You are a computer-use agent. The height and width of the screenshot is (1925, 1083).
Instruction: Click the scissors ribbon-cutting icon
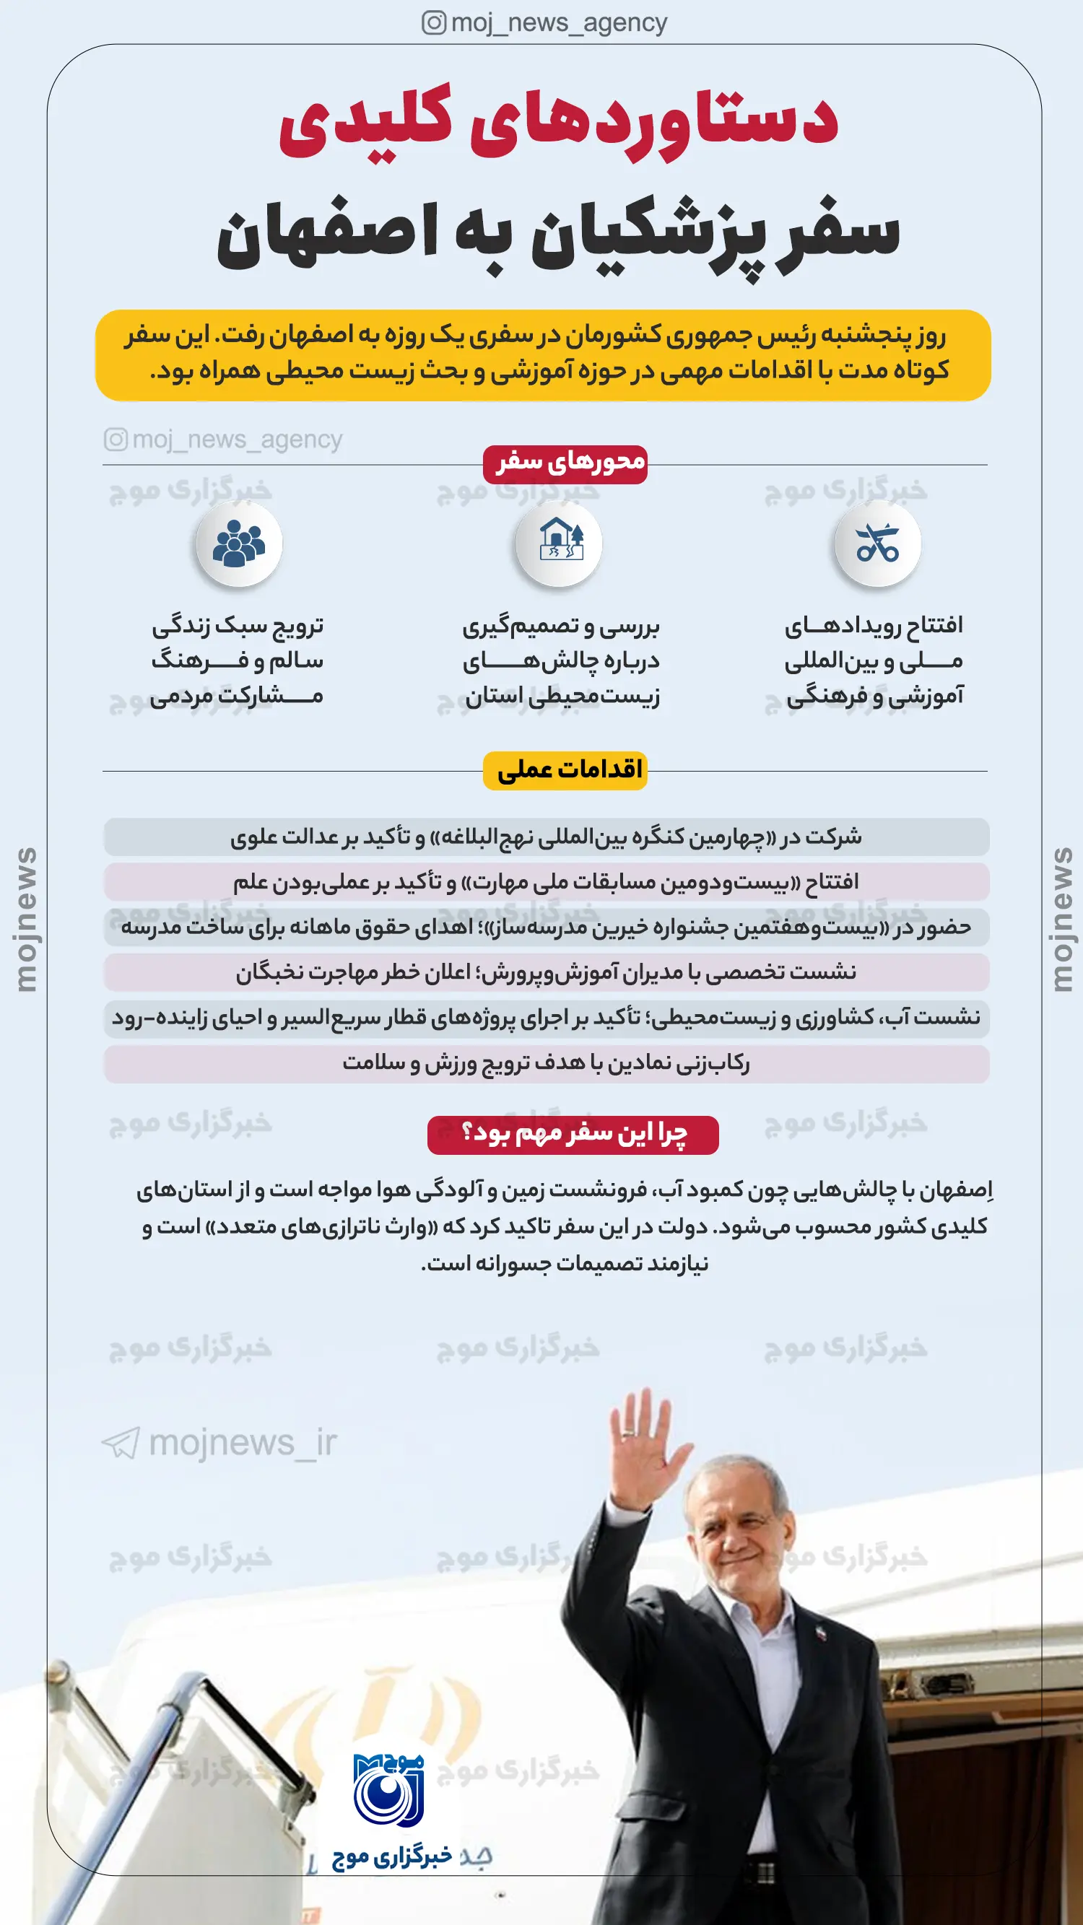877,544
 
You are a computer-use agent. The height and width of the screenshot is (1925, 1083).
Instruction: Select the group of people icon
239,543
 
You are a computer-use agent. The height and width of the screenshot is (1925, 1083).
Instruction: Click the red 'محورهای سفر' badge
565,464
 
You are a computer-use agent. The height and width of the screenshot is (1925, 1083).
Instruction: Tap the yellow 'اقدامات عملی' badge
565,770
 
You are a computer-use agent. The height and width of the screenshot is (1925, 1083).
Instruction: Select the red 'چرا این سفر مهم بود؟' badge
573,1135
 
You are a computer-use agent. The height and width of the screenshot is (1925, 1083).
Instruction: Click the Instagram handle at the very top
544,23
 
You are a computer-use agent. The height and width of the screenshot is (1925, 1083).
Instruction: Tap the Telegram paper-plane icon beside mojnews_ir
121,1443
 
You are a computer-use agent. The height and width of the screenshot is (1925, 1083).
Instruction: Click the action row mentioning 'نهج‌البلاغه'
547,837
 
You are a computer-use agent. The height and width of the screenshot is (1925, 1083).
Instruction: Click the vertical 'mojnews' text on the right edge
1061,919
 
